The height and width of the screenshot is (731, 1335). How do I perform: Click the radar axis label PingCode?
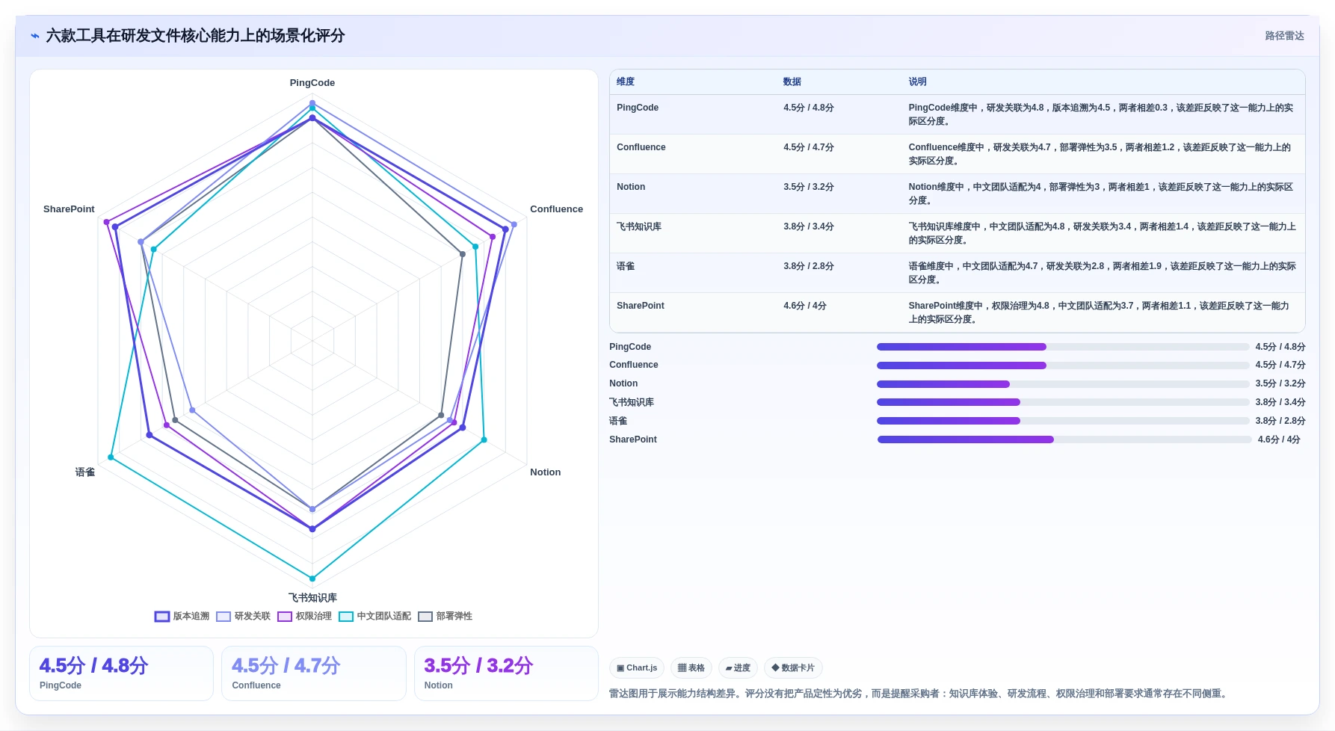pos(312,83)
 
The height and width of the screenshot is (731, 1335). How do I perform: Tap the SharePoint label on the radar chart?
pos(69,209)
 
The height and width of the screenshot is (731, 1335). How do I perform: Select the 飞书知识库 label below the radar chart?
pos(312,598)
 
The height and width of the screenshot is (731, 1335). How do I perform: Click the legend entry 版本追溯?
pos(182,617)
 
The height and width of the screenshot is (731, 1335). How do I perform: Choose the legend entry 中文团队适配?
pos(374,617)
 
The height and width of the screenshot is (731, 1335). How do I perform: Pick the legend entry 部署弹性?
pos(445,617)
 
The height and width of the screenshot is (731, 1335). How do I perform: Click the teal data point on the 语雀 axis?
pos(111,457)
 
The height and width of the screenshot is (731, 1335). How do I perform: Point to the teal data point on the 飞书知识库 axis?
pos(312,579)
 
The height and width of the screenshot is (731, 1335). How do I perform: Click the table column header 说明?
pos(917,82)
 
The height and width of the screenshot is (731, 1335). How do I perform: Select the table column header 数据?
pos(792,82)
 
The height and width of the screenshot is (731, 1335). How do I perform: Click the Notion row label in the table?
pos(631,187)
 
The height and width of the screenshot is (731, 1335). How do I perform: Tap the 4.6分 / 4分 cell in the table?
pos(805,306)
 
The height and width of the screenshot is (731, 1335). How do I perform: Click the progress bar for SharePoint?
pos(1064,439)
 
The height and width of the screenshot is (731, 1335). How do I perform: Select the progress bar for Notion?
pos(1063,384)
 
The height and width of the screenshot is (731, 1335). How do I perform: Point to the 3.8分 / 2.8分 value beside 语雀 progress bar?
pos(1280,421)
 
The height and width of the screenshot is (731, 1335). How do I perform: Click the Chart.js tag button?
pos(637,668)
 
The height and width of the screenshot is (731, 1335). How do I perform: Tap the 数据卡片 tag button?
pos(793,668)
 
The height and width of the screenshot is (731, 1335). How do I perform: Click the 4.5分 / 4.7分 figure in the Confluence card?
pos(286,666)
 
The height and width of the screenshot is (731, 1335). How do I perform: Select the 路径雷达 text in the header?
pos(1284,36)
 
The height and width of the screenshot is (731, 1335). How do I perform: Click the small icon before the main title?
pos(34,36)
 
